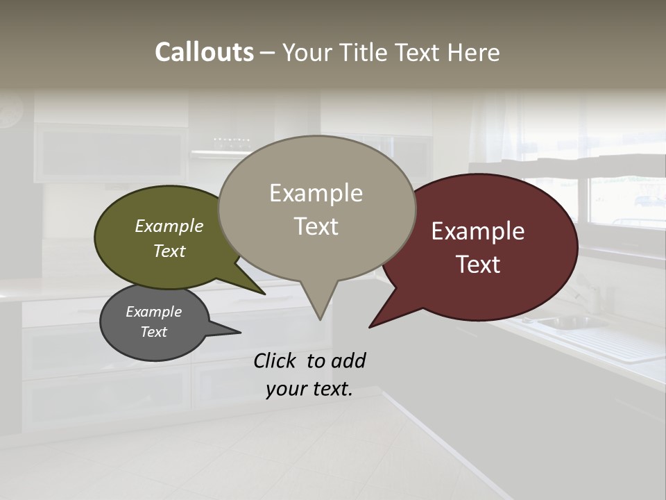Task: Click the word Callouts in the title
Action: click(204, 52)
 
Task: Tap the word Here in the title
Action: click(473, 52)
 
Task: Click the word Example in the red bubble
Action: click(478, 231)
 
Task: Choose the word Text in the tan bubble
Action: click(316, 226)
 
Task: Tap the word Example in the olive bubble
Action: click(169, 226)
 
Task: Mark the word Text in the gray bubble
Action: click(154, 332)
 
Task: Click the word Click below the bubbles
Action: click(277, 360)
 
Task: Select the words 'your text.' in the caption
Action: click(309, 389)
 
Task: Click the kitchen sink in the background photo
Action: click(562, 322)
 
